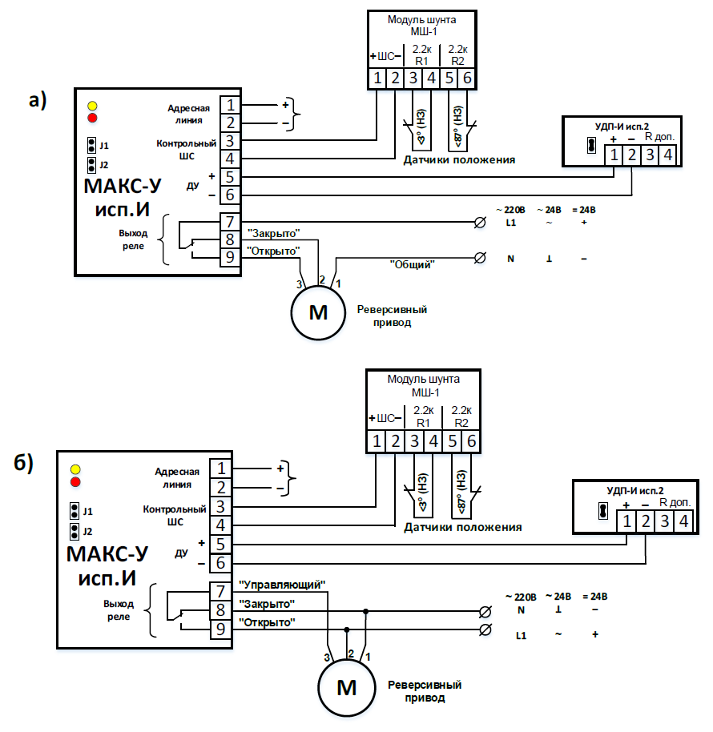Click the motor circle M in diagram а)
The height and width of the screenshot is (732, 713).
click(319, 313)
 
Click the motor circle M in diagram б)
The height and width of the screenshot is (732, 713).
click(346, 687)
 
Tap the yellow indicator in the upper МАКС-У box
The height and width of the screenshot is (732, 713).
click(92, 106)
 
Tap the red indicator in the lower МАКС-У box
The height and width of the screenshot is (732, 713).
click(76, 481)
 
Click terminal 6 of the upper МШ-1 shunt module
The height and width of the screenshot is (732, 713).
click(467, 78)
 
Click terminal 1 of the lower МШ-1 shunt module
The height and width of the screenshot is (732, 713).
click(375, 440)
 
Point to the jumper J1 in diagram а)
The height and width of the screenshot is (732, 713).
click(92, 146)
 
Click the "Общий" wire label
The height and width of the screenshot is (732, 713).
click(412, 263)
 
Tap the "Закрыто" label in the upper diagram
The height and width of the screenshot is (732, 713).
click(274, 233)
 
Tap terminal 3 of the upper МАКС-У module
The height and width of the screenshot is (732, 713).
click(230, 141)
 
